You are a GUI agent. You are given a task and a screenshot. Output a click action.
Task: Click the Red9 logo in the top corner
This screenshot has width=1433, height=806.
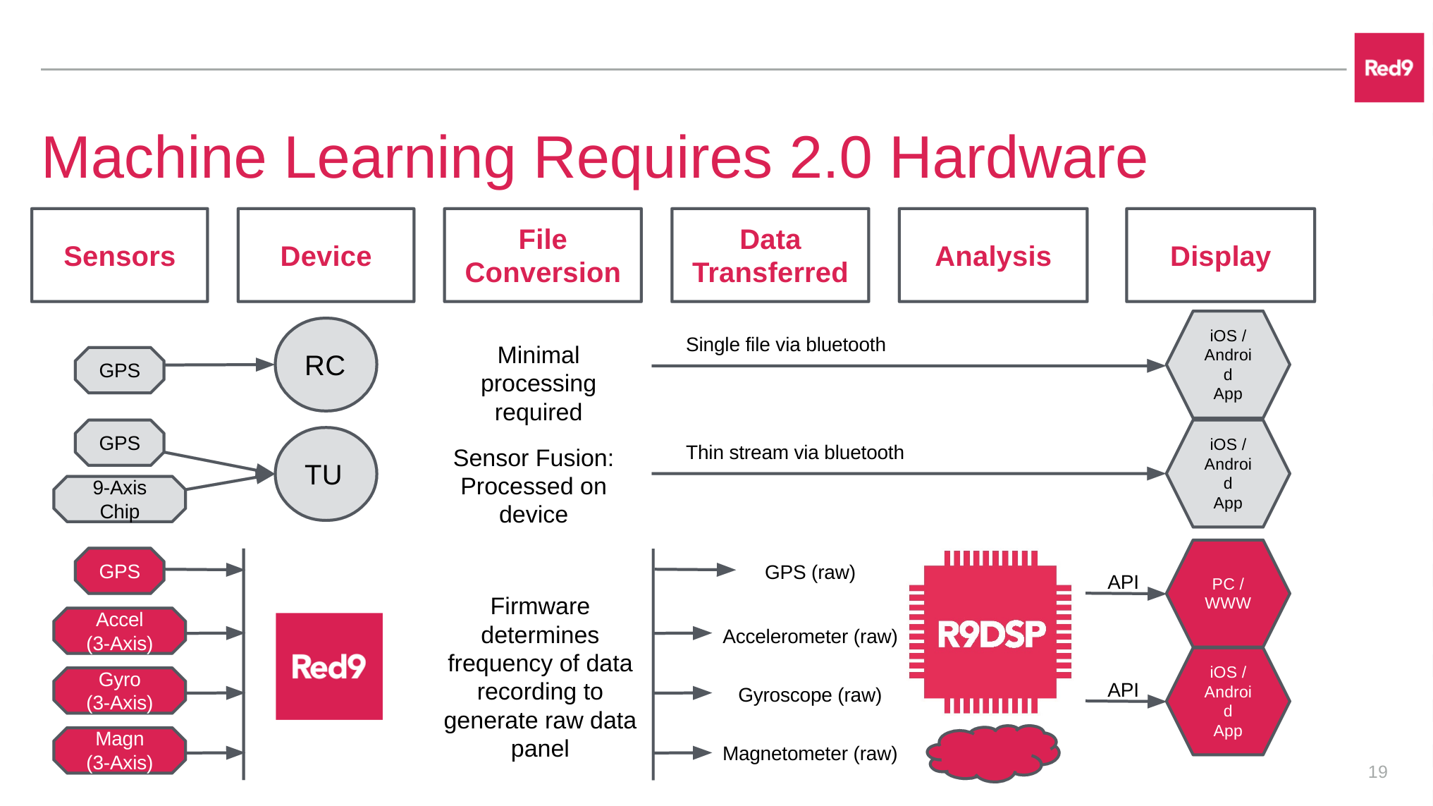1388,68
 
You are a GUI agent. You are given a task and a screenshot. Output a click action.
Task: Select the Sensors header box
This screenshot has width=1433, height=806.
119,255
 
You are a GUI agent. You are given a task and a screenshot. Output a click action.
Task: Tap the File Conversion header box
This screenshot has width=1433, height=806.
542,255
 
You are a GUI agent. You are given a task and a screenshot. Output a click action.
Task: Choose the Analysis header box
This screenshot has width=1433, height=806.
992,255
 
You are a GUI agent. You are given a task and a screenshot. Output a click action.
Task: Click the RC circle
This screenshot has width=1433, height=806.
326,365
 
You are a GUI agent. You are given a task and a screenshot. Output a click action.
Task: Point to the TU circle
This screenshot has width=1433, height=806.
326,474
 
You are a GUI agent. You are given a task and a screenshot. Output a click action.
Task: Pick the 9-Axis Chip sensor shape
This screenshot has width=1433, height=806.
119,499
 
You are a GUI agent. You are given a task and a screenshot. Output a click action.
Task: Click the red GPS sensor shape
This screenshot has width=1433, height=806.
119,570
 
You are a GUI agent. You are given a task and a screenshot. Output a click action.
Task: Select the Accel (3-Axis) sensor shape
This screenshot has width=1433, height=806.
119,631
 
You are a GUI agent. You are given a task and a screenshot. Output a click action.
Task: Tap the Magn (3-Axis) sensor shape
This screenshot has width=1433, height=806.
119,750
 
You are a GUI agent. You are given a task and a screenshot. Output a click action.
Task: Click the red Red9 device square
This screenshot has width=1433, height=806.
328,666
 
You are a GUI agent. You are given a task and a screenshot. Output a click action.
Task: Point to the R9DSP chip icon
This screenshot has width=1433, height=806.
990,633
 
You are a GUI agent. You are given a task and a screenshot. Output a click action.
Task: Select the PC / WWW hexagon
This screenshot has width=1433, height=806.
1227,594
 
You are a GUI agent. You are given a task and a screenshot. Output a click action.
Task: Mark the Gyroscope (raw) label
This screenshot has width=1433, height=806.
809,695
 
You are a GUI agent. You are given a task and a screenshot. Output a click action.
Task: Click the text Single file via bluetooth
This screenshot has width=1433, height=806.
785,345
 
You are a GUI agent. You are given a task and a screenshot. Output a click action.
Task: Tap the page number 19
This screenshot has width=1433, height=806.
1377,772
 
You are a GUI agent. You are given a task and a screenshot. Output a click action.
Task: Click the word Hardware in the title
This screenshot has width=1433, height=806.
1018,158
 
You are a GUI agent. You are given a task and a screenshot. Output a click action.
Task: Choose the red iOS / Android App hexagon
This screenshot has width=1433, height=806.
1227,702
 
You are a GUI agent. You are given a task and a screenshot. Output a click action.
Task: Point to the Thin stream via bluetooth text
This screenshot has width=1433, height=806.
794,453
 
